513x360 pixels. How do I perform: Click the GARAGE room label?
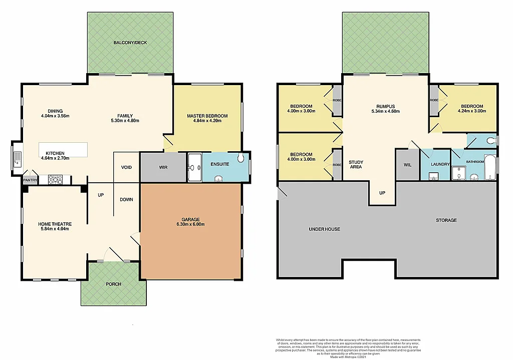[x=190, y=219]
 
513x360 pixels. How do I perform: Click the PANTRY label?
[x=30, y=179]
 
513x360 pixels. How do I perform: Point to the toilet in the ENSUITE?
[x=242, y=159]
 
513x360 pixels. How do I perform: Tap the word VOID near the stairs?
[x=126, y=167]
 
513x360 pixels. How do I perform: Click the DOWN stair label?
[x=126, y=199]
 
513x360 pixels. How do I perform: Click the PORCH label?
[x=114, y=284]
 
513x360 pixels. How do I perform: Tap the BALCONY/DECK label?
[x=130, y=43]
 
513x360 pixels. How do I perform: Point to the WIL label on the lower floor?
[x=407, y=164]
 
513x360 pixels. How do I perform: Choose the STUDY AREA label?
[x=356, y=165]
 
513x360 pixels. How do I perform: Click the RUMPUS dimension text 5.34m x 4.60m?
[x=386, y=111]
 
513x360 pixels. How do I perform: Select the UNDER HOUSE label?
[x=325, y=229]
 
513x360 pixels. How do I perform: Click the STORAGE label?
[x=446, y=220]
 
